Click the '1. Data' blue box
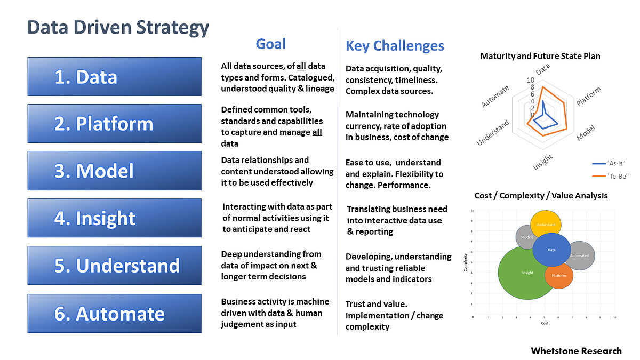[114, 77]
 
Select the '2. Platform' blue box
[114, 124]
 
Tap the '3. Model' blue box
[114, 171]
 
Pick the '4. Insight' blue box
[114, 218]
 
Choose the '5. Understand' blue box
[114, 265]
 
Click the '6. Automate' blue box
[114, 313]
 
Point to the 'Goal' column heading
[271, 44]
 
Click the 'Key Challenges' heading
[395, 46]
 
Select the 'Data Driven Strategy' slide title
[118, 27]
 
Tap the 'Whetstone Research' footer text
[576, 350]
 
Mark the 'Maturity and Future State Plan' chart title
[540, 56]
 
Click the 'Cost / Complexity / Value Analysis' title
[541, 196]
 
